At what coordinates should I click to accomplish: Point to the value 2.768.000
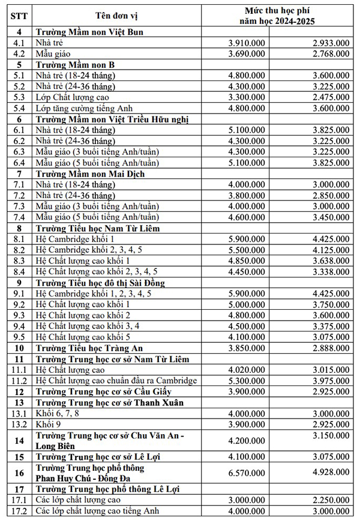330,54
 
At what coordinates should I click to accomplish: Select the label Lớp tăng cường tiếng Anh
82,109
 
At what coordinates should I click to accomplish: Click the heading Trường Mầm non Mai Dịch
90,174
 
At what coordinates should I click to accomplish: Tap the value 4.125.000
330,249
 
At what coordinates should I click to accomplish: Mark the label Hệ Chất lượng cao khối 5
83,336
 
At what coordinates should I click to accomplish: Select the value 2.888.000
330,348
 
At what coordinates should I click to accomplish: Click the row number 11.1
19,369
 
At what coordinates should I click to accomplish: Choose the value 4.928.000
330,473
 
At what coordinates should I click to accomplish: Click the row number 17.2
19,510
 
